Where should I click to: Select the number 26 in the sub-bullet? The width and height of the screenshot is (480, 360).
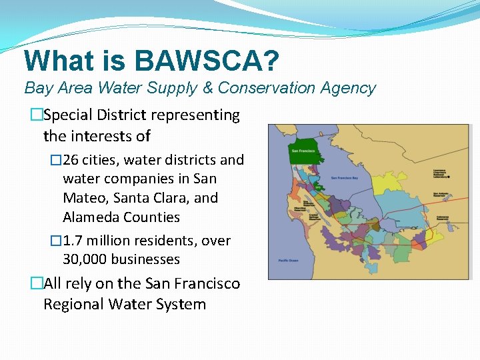tap(71, 160)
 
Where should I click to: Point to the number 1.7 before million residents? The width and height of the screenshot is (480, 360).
tap(73, 240)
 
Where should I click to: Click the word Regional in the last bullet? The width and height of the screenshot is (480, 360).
tap(75, 305)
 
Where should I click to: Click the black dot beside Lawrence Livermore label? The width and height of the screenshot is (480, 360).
tap(451, 177)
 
